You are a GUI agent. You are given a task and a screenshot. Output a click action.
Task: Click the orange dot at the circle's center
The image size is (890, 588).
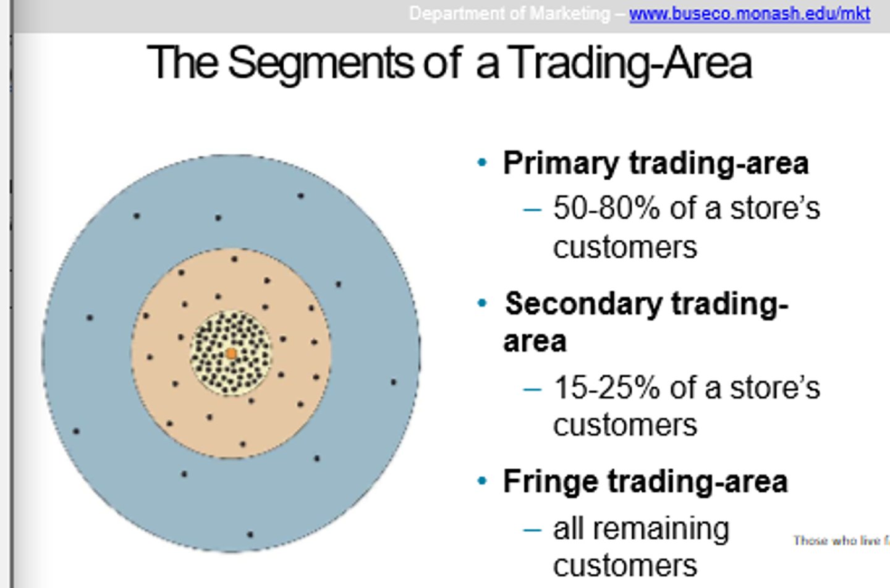[231, 353]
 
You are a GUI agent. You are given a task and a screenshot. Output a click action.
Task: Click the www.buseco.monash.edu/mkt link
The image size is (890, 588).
[749, 14]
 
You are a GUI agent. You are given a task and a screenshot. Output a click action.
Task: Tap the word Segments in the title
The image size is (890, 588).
[320, 63]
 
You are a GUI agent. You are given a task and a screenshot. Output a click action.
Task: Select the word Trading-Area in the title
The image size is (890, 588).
[632, 63]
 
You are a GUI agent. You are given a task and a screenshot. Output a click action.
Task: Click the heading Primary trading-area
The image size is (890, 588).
[655, 164]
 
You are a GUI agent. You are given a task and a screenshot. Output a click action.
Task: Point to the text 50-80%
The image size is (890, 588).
[606, 208]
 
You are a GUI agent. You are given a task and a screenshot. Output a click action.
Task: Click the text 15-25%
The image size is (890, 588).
[606, 388]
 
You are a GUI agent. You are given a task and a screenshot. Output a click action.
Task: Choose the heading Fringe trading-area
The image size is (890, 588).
[645, 482]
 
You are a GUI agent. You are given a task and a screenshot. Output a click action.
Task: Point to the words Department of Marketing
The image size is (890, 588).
[509, 14]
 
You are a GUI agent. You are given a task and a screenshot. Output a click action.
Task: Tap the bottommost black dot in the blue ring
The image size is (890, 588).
[250, 534]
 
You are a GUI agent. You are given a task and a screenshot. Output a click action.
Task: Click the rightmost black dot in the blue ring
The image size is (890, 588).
[394, 382]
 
